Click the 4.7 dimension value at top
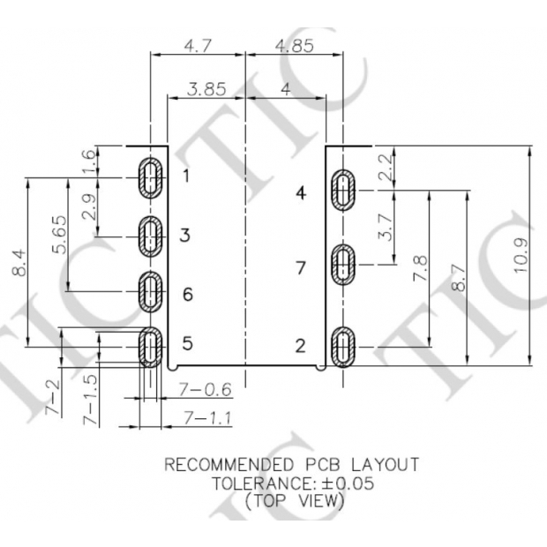198,45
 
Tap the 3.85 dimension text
207,89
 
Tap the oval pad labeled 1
152,177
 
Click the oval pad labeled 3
152,236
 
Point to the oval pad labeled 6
152,293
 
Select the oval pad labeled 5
152,346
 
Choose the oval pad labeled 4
342,190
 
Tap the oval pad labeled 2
342,347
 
